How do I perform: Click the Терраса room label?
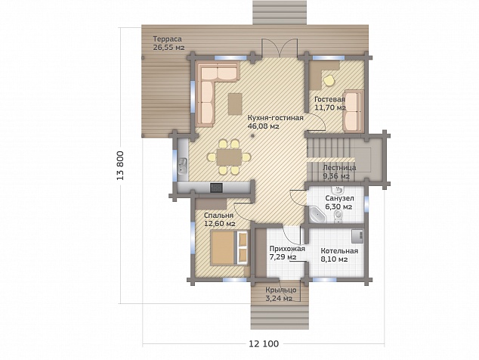coord(168,39)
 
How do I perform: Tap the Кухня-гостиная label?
coord(275,118)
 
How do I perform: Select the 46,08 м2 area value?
coord(264,126)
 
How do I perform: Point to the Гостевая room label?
coord(330,100)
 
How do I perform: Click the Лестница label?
coord(339,168)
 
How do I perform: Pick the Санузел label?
coord(339,198)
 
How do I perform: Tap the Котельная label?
coord(339,251)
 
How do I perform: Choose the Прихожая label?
coord(287,249)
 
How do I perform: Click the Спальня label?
coord(219,216)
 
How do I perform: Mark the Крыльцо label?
coord(281,290)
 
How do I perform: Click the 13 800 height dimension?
coord(121,166)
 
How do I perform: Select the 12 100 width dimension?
coord(264,344)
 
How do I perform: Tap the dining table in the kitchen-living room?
coord(229,157)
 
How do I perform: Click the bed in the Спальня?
coord(229,248)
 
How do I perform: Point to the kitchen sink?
coord(183,166)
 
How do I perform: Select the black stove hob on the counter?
coord(216,188)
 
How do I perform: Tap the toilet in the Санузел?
coord(338,217)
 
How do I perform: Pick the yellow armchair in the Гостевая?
coord(329,80)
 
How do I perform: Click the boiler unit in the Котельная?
coord(357,236)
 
